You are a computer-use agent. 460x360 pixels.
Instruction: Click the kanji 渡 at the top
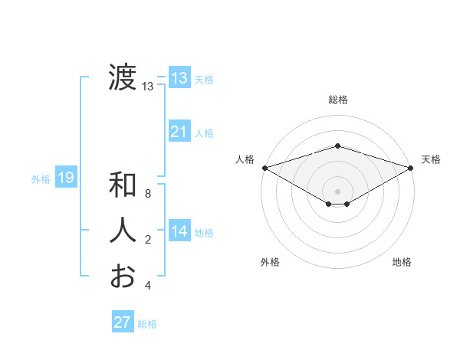(123, 78)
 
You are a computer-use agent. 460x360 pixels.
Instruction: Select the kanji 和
(123, 186)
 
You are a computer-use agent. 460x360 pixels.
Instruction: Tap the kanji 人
(123, 231)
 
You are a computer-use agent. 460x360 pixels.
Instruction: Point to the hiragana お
(123, 276)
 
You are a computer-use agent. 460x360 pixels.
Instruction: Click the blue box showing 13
(179, 77)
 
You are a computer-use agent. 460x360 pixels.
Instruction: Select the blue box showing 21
(179, 132)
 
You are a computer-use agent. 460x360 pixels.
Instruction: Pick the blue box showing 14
(179, 231)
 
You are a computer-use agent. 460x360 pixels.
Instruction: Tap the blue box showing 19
(66, 178)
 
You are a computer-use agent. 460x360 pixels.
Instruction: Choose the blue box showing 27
(123, 322)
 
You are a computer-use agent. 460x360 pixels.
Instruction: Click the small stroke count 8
(148, 195)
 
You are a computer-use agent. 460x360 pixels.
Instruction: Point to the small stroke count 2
(148, 241)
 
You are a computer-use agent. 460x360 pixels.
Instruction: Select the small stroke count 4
(148, 286)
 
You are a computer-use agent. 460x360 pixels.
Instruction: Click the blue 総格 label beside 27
(147, 324)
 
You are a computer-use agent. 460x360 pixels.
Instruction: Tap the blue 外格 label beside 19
(41, 179)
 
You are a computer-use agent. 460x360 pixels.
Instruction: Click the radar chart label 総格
(337, 100)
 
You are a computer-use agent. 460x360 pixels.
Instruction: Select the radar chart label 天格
(431, 159)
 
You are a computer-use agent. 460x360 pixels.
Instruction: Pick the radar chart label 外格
(270, 262)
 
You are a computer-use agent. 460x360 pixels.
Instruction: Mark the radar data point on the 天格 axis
(411, 167)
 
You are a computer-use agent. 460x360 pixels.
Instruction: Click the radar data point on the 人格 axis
(264, 167)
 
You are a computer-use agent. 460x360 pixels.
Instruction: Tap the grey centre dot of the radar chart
(337, 190)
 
